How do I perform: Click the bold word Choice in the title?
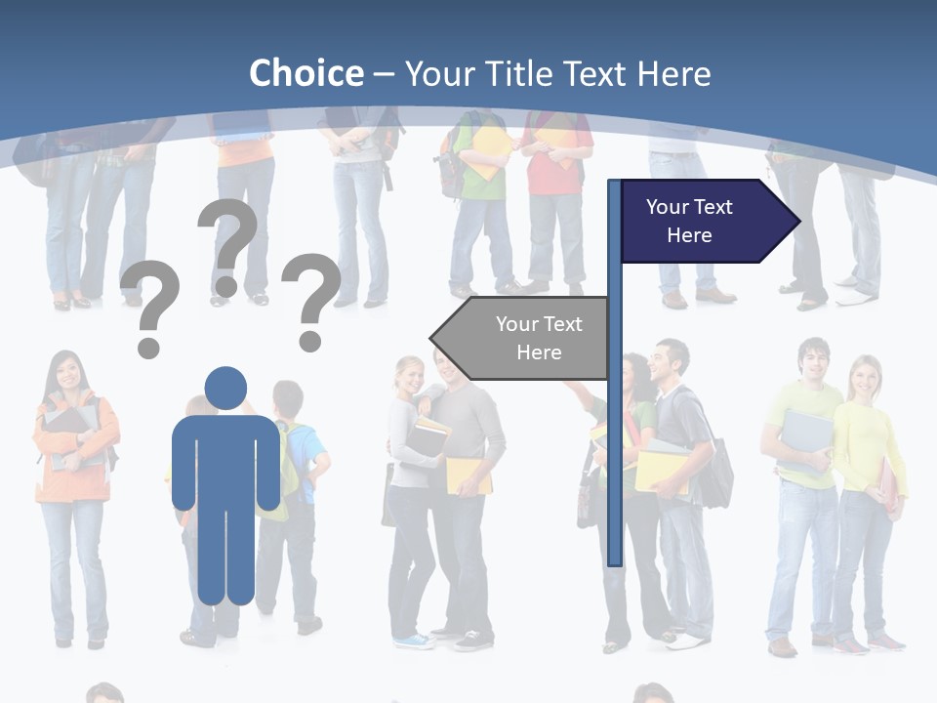pos(306,73)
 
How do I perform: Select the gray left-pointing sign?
pos(522,338)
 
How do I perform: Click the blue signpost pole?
pos(614,439)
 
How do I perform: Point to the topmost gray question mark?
pos(228,244)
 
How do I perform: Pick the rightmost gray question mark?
pos(311,299)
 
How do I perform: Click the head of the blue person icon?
pos(225,389)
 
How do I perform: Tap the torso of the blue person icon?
pos(225,459)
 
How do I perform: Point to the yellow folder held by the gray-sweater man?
pos(467,475)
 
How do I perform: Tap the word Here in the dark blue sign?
pos(689,235)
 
